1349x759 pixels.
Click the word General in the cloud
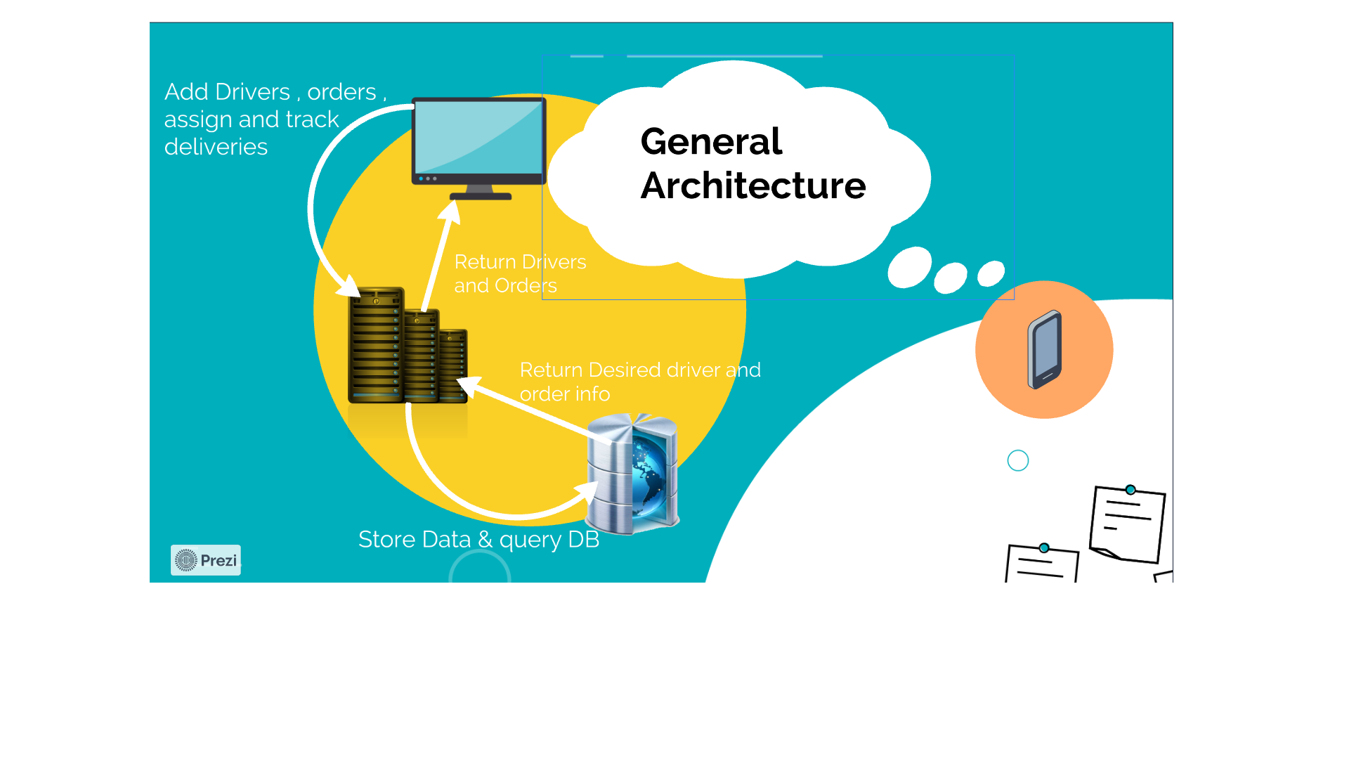[711, 142]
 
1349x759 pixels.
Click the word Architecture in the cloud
[752, 186]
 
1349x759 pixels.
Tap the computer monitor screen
[478, 136]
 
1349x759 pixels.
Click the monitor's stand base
[481, 196]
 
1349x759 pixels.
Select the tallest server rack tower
[376, 344]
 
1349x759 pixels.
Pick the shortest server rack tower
[453, 365]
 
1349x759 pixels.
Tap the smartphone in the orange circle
[1044, 349]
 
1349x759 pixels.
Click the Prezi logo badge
[205, 560]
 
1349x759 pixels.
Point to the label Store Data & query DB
[478, 540]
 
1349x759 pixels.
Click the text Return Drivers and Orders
[519, 273]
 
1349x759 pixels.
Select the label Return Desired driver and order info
[639, 382]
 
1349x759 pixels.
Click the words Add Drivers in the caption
[227, 92]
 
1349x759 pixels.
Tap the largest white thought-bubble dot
[909, 267]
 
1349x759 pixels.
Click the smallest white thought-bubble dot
[991, 273]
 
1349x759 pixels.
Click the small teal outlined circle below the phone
[1017, 460]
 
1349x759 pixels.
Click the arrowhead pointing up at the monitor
[450, 211]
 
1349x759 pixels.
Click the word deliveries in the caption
[216, 147]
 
